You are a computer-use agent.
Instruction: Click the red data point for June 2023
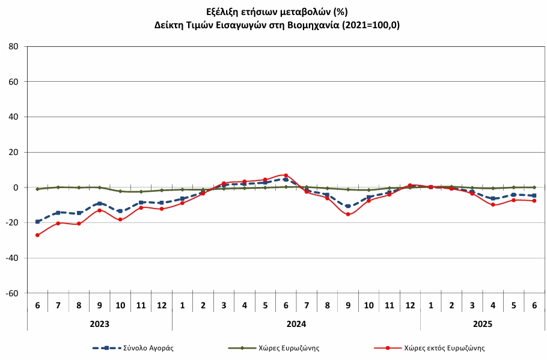[37, 235]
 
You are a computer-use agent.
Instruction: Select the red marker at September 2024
[348, 214]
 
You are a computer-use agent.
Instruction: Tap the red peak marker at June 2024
[286, 175]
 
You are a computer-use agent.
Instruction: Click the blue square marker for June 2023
[37, 222]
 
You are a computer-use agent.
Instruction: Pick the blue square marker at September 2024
[348, 206]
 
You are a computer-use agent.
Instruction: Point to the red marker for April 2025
[493, 205]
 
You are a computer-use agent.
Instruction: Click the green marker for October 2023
[120, 191]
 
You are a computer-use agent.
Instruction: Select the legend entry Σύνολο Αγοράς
[133, 348]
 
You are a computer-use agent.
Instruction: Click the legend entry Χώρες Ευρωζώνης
[273, 348]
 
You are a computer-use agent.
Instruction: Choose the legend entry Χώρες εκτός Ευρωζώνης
[429, 348]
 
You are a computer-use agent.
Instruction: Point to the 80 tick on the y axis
[14, 46]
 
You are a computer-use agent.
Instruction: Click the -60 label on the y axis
[11, 293]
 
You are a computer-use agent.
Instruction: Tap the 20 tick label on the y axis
[14, 152]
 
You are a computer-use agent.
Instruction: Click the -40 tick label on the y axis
[11, 258]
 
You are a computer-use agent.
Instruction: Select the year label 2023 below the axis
[99, 324]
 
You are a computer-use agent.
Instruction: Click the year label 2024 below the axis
[296, 324]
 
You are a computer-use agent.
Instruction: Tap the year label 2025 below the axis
[483, 324]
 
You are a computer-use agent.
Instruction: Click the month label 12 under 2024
[410, 305]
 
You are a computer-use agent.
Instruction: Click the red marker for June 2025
[534, 201]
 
